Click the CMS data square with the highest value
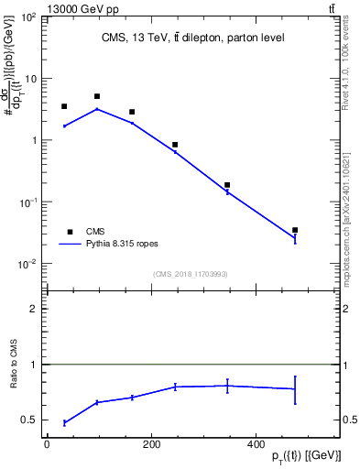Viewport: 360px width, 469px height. [x=97, y=96]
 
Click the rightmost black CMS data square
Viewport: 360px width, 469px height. [x=295, y=230]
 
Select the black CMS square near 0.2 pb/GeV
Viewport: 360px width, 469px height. [x=227, y=185]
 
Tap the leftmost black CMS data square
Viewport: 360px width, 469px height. [x=64, y=106]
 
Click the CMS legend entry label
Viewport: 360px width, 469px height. [x=96, y=232]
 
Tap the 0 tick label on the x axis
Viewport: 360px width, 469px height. [x=46, y=445]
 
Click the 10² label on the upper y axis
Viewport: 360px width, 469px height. [x=28, y=17]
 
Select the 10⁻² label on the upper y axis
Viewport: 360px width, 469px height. [x=28, y=264]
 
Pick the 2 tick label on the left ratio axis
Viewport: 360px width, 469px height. [x=35, y=309]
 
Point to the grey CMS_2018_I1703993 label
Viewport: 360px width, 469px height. [x=190, y=273]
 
